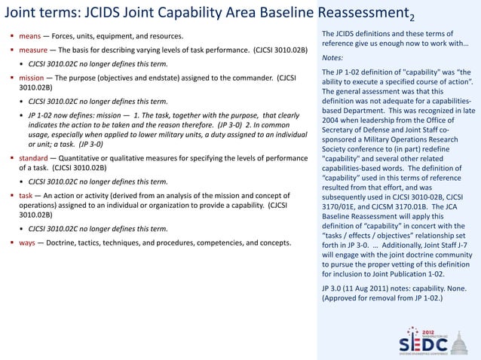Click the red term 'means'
[29, 37]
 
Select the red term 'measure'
[34, 50]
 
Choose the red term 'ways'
[28, 243]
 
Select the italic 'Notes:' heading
[334, 58]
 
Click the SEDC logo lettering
[422, 343]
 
